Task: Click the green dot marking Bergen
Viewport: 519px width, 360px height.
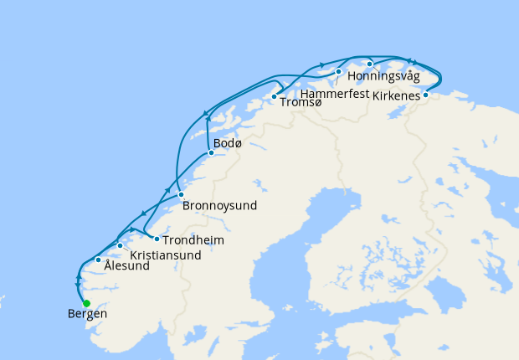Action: point(86,303)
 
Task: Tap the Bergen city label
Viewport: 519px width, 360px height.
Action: point(87,316)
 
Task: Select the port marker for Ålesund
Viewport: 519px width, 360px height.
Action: point(99,260)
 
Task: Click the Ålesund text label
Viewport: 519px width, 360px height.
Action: point(126,266)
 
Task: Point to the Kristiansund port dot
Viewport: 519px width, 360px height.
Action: point(121,245)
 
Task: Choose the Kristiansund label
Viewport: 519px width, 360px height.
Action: point(166,255)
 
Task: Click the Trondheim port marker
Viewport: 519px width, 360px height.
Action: point(157,239)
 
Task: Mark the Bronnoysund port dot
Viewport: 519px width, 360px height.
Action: point(180,194)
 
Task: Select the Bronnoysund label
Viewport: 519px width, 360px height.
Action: point(219,205)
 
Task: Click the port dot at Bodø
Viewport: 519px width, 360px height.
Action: point(211,152)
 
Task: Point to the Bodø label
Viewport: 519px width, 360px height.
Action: point(228,145)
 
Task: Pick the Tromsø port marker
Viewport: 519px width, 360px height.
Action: point(274,97)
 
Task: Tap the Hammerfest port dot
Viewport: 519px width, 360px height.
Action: point(338,72)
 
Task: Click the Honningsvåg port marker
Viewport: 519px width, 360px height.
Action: point(369,64)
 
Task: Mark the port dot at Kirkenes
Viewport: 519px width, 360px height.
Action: point(425,95)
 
